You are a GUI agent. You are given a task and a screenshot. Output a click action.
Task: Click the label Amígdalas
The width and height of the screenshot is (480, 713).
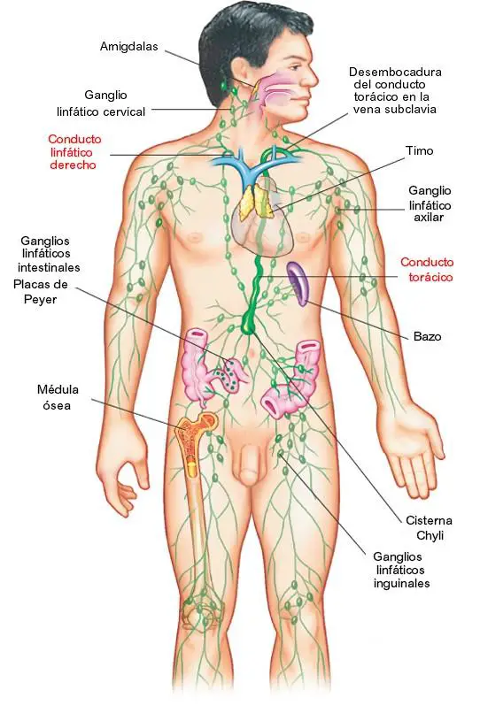(x=129, y=46)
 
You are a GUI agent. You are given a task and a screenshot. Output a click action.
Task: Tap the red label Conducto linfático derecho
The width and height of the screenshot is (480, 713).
(x=74, y=152)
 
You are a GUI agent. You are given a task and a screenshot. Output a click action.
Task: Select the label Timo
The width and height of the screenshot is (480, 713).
(x=420, y=151)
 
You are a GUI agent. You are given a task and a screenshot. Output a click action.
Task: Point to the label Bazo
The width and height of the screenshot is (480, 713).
(x=427, y=336)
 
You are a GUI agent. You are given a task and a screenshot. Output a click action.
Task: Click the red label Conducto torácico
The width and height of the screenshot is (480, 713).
(x=427, y=270)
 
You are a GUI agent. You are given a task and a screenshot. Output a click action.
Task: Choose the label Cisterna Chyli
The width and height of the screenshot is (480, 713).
(x=429, y=528)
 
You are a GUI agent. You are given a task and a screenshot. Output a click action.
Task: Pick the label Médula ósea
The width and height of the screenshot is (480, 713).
(x=58, y=397)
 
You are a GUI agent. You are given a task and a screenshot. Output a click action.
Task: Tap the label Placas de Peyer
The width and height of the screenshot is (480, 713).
(x=41, y=291)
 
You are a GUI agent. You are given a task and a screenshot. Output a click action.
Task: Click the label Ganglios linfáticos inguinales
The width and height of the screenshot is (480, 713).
(x=401, y=570)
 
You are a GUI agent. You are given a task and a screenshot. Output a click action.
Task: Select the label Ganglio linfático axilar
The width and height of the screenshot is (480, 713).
(x=430, y=203)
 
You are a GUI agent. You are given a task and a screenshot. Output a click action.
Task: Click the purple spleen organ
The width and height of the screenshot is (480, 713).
(x=298, y=283)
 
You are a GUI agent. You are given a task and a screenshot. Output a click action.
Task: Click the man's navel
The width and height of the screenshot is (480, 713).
(x=250, y=351)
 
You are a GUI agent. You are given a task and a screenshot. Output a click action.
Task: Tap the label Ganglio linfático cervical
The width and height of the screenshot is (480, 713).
(x=101, y=103)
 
